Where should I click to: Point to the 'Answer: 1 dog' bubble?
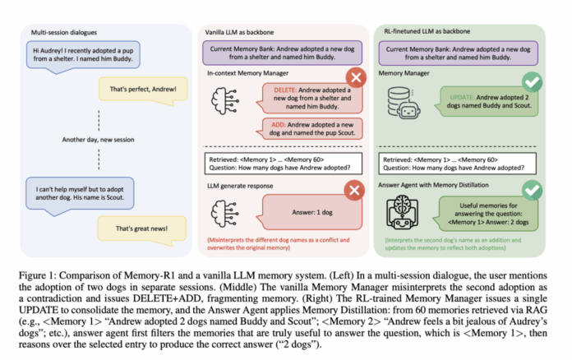(x=302, y=210)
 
